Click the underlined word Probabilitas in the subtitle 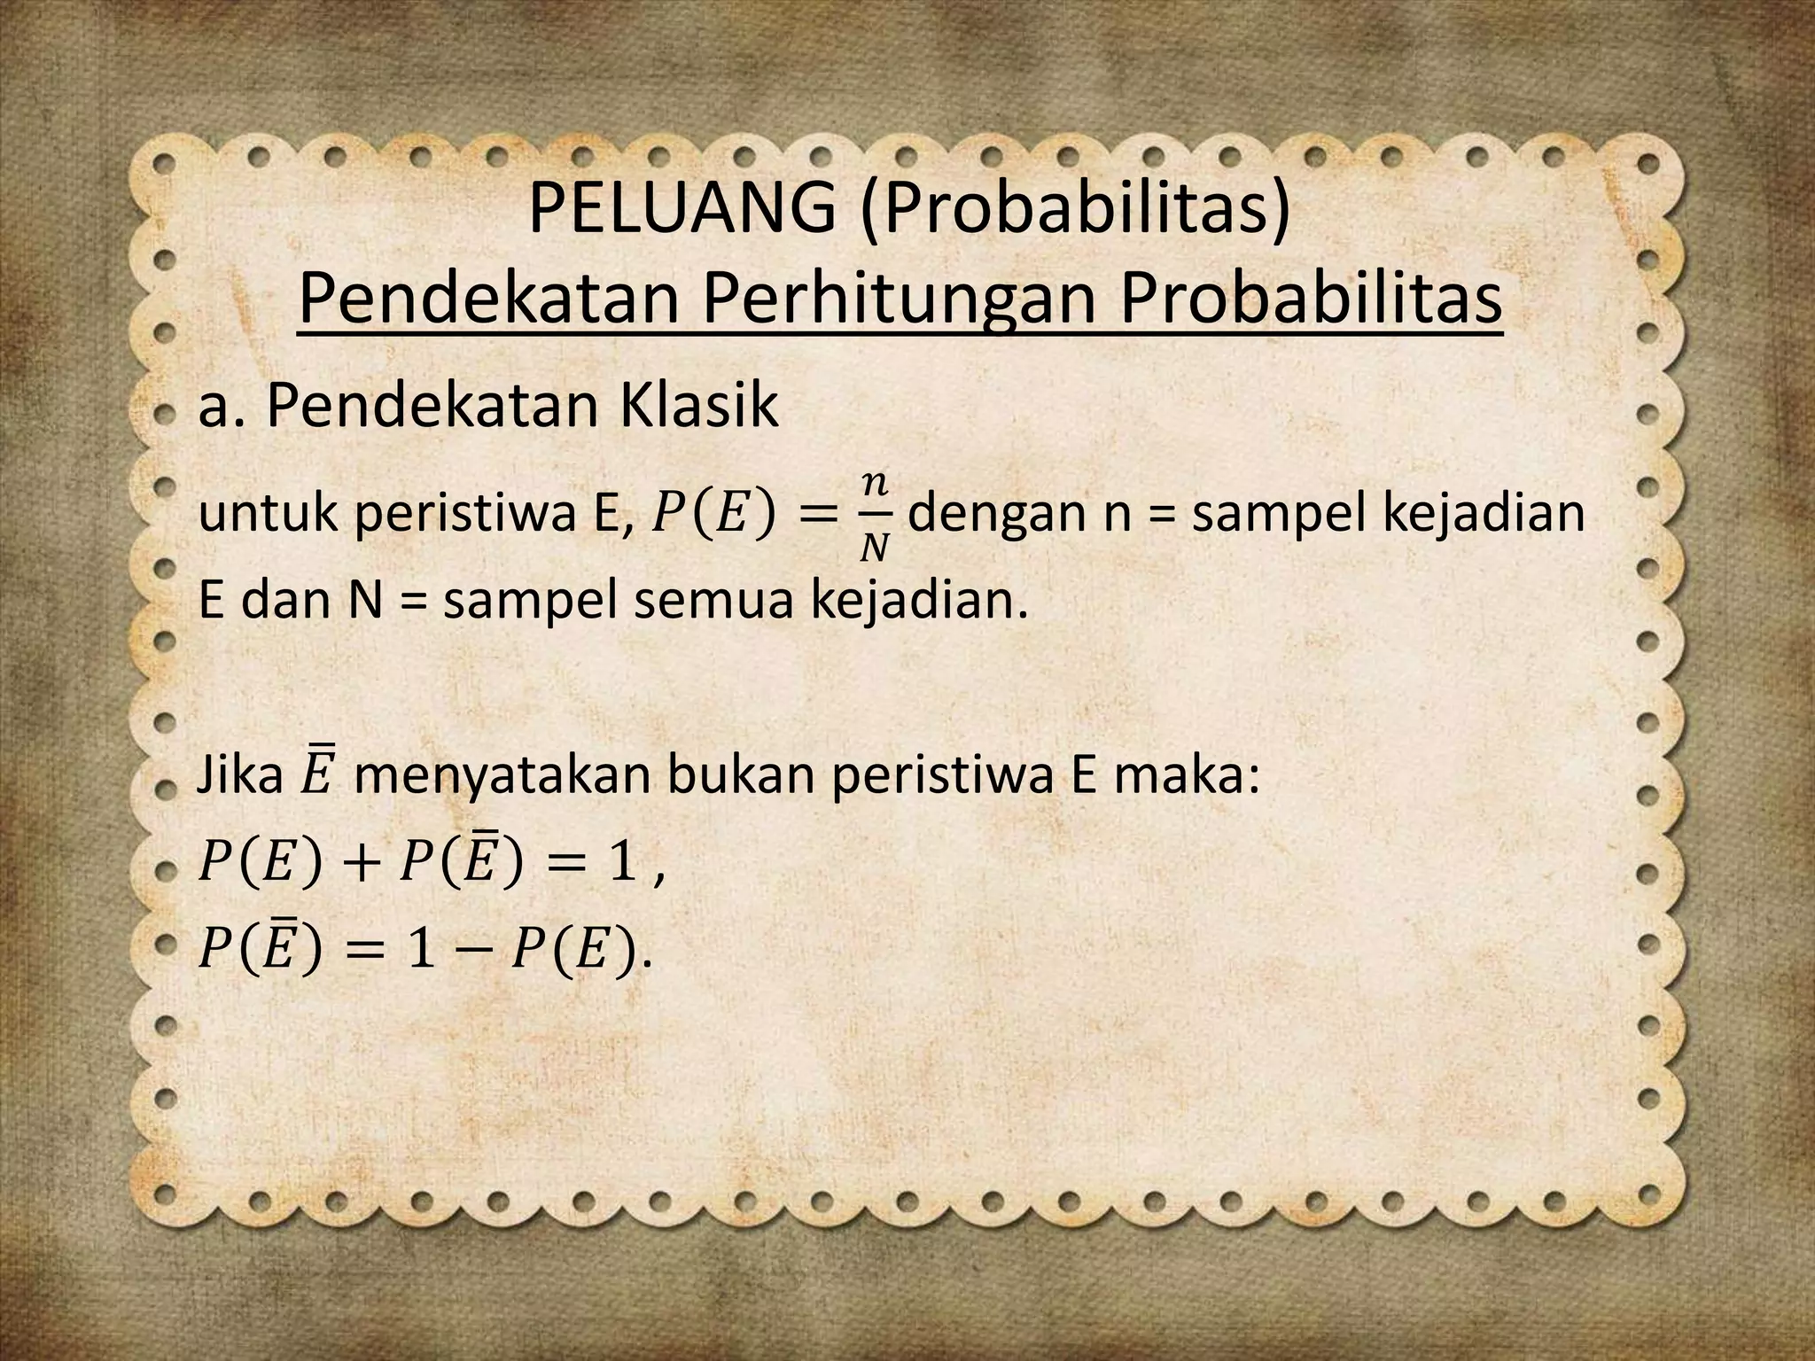1310,299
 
